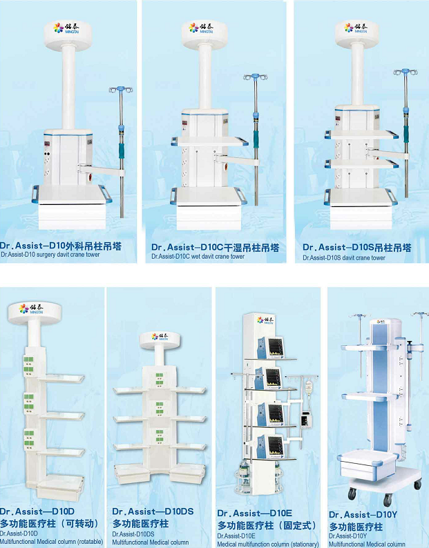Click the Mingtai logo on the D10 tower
66,28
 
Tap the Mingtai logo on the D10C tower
201,28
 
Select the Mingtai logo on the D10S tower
356,28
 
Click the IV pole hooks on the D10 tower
121,90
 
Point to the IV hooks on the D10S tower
406,72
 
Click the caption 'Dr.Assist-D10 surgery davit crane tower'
50,255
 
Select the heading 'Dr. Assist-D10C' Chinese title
216,248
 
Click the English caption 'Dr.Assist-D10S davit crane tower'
344,258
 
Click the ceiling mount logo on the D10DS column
160,337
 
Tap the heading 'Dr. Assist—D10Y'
363,515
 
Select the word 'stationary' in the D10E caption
305,544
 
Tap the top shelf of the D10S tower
361,134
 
